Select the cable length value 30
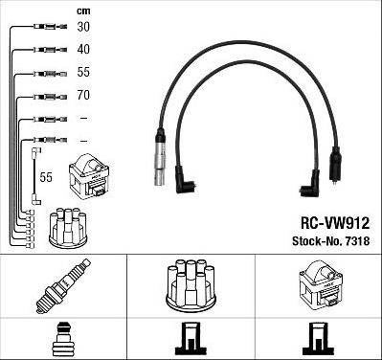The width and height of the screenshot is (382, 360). [83, 28]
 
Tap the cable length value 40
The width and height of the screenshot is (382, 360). [83, 50]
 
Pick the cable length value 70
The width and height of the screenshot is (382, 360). [83, 96]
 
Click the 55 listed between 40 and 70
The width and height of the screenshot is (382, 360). [83, 73]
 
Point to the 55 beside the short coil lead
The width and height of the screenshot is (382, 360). [46, 177]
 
